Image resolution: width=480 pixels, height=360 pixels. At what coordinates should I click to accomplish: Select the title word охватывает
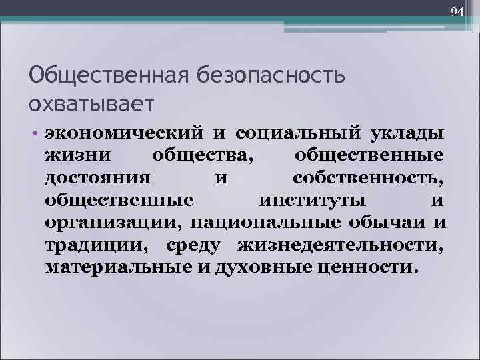91,103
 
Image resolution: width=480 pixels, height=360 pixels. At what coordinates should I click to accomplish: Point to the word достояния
97,178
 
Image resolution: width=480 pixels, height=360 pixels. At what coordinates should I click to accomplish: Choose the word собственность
368,178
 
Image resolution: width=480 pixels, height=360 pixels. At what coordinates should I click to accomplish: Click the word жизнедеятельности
340,245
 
